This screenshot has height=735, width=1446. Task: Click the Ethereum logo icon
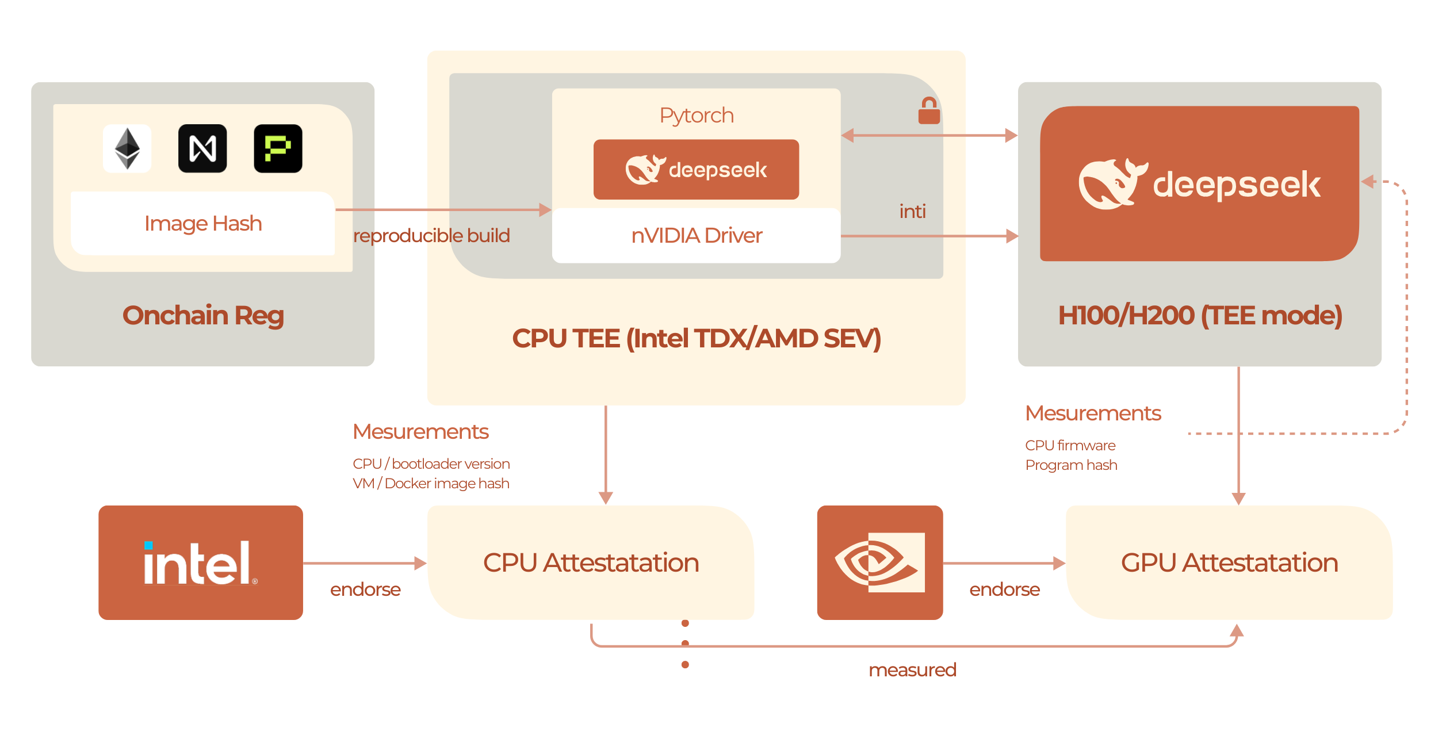(x=127, y=148)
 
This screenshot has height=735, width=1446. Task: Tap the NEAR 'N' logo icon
(x=202, y=148)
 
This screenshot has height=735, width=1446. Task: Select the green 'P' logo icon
(x=278, y=148)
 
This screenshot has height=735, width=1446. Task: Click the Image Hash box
(x=202, y=223)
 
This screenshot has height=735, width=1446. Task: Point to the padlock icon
(x=929, y=111)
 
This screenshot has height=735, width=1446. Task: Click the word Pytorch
(x=696, y=116)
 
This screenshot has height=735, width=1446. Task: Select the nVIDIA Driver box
(x=696, y=236)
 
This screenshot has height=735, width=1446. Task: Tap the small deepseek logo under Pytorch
(x=696, y=170)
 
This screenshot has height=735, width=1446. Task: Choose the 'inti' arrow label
(x=912, y=212)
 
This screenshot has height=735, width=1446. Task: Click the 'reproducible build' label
(x=431, y=236)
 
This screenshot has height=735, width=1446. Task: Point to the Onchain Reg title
(x=202, y=315)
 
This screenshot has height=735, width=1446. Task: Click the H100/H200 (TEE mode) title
(x=1200, y=315)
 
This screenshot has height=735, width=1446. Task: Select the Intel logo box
(x=201, y=562)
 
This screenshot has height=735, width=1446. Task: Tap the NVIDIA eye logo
(x=879, y=562)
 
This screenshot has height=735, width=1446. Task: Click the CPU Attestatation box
(x=591, y=562)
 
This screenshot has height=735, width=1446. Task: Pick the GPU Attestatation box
(x=1229, y=562)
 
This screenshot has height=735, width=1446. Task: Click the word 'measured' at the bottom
(x=912, y=670)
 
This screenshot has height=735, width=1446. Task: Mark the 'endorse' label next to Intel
(x=365, y=589)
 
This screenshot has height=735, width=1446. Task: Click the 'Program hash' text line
(x=1071, y=465)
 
